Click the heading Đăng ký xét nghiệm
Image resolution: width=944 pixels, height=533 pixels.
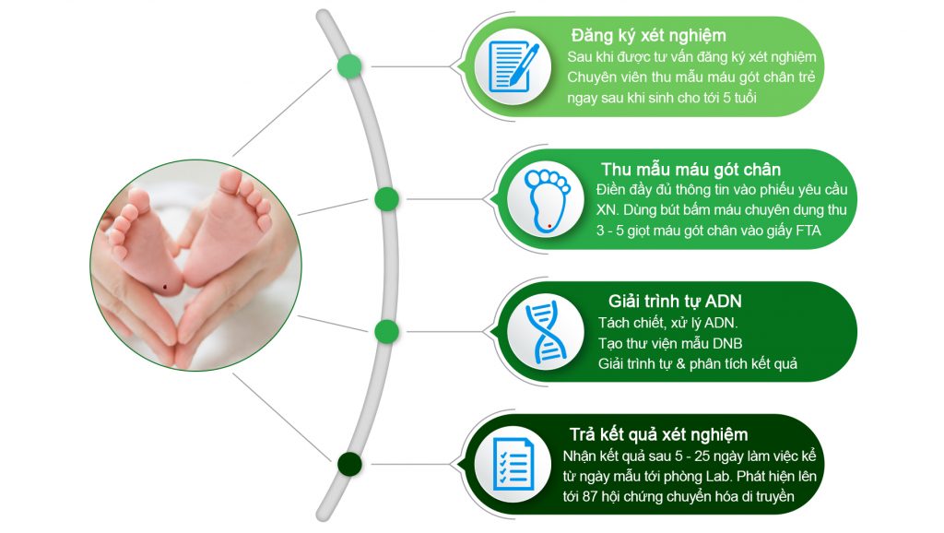coord(648,36)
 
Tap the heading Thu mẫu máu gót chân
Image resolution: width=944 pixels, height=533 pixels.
coord(690,170)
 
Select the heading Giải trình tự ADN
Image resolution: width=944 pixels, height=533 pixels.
coord(675,302)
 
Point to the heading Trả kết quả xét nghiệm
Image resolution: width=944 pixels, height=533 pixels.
coord(658,435)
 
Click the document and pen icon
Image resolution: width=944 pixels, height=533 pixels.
coord(513,66)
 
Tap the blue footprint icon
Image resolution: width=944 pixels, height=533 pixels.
coord(547,200)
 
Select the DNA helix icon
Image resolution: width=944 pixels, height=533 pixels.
coord(546,332)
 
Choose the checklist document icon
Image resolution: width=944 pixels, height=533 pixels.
coord(513,463)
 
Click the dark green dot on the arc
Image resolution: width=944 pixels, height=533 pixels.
coord(349,465)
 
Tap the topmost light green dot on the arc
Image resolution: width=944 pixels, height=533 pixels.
coord(349,66)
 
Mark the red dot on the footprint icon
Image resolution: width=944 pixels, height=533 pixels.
coord(549,227)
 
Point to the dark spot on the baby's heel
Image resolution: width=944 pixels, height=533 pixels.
coord(165,287)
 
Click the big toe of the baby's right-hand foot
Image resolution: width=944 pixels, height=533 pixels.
coord(231,180)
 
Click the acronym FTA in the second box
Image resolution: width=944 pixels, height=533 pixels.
coord(808,231)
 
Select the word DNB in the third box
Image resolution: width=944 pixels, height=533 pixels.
coord(727,344)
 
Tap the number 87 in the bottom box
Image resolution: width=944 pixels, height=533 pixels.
coord(590,497)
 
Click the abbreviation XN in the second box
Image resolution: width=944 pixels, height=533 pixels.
coord(607,210)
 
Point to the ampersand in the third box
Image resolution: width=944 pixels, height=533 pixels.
coord(680,364)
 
